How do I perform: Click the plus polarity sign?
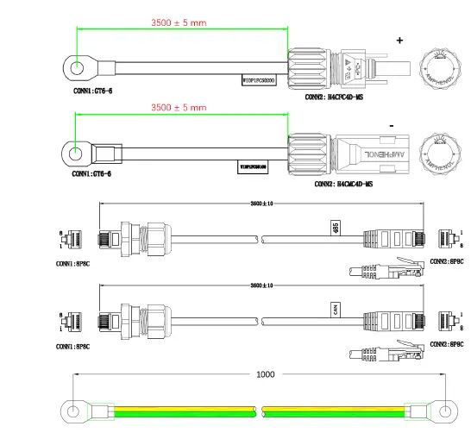[399, 40]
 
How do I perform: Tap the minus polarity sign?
[392, 127]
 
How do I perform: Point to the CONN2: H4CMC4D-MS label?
[342, 184]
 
